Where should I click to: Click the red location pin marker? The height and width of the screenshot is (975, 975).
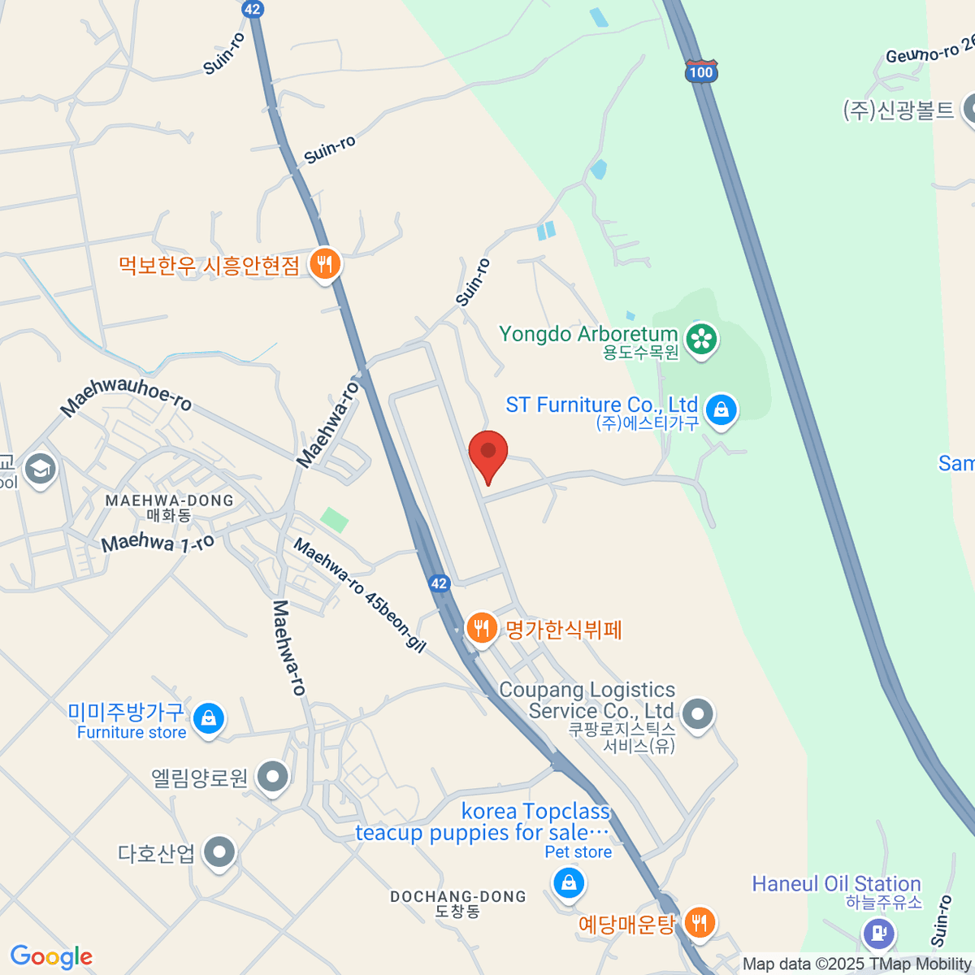(x=488, y=453)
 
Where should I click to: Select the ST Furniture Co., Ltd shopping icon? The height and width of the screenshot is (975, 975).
(x=721, y=409)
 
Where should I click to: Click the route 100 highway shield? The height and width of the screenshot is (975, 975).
(x=700, y=71)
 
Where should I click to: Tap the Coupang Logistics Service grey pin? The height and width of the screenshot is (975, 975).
(x=697, y=715)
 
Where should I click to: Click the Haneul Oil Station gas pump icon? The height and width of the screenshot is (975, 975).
(x=878, y=931)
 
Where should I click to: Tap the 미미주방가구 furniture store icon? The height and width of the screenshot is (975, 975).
(x=209, y=719)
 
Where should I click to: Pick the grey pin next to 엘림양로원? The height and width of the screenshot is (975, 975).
(x=273, y=778)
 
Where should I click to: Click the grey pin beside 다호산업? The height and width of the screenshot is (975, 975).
(x=219, y=853)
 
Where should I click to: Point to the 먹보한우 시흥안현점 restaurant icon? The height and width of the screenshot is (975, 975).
(x=325, y=264)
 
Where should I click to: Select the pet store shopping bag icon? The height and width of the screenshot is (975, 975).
(x=568, y=883)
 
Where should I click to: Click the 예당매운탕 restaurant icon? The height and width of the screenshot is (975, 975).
(x=699, y=923)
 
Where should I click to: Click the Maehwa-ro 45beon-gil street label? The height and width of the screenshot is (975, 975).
(x=359, y=596)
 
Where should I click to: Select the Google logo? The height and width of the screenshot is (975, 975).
(x=51, y=957)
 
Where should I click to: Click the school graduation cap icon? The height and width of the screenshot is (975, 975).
(x=40, y=469)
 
